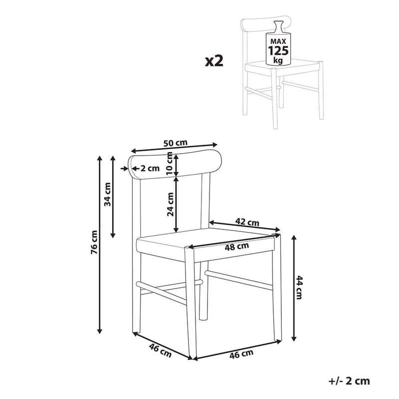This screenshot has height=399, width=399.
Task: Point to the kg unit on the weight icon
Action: pos(278,60)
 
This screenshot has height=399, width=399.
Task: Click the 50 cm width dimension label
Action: pos(176,143)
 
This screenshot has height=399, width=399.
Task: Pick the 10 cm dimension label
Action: pos(170,163)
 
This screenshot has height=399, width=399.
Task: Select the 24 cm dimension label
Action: pos(170,204)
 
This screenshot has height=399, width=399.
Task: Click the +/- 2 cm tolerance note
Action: pos(350,382)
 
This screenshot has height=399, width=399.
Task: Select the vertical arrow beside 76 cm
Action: pos(100,244)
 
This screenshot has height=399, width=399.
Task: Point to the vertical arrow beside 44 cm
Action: pos(294,287)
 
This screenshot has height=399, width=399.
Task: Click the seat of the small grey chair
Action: pos(279,66)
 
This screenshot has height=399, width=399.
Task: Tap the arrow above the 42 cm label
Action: pos(245,227)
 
